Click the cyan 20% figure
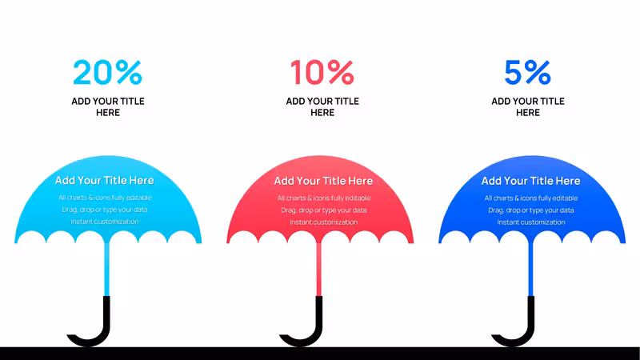pos(108,72)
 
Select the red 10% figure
pos(322,72)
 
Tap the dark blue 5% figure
pos(528,72)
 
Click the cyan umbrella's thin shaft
pos(107,269)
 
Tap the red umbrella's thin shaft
pos(319,269)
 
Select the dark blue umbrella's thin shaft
pos(531,269)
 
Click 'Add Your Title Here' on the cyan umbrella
pos(105,181)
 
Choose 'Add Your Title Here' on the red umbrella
pos(324,181)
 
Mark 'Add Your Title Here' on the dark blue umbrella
pos(531,181)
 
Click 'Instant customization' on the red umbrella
pos(324,222)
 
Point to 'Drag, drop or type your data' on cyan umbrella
pos(105,210)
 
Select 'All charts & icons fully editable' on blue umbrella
pos(531,198)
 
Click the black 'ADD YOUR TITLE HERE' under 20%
pos(108,107)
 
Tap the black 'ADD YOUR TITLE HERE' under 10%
pos(322,107)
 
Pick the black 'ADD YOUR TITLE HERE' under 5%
pos(528,107)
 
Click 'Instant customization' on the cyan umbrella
pos(105,222)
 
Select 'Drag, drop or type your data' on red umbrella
pos(324,210)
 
